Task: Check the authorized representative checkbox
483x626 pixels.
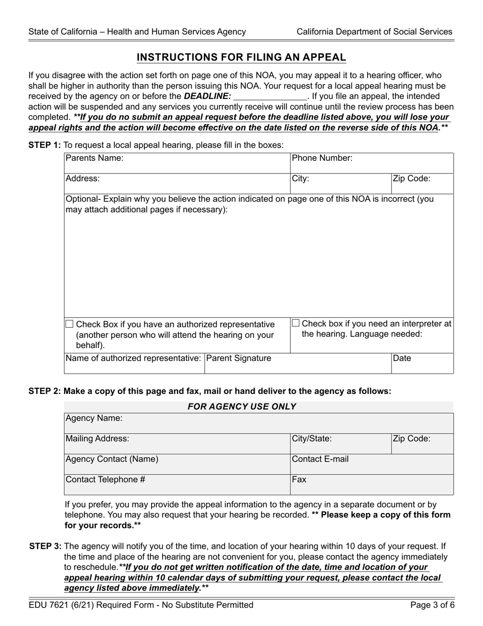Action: click(70, 324)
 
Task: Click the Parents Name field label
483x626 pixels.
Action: click(95, 158)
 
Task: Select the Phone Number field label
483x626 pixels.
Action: click(322, 158)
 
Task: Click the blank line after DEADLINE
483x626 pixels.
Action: click(269, 96)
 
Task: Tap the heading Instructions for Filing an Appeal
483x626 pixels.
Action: click(242, 58)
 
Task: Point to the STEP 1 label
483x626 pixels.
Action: click(44, 145)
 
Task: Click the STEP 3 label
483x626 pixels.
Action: click(46, 547)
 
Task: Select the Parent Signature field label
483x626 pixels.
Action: click(239, 358)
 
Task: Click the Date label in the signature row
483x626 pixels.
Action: click(402, 358)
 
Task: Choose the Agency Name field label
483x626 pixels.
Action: click(94, 418)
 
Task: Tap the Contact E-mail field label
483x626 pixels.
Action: click(320, 459)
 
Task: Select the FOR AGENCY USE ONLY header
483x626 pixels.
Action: click(242, 407)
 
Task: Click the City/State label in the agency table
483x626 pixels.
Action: click(312, 439)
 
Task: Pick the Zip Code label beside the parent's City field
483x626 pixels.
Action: click(411, 179)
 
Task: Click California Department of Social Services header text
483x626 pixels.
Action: click(374, 32)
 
